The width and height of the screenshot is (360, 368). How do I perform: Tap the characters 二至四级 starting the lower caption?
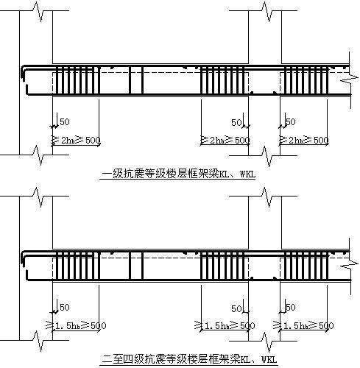117,361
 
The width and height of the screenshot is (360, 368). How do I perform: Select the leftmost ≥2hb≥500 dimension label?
77,140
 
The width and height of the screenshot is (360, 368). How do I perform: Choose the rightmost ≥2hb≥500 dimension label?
303,140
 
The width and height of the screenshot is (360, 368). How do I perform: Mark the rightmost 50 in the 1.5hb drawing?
290,307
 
